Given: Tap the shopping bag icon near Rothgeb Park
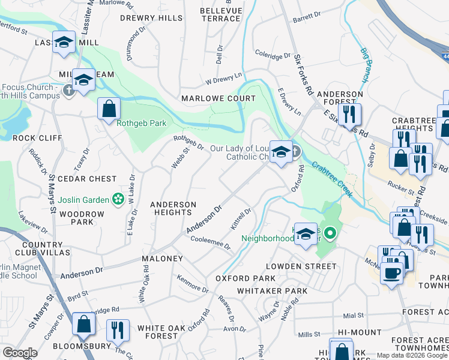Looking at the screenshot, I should (x=109, y=109).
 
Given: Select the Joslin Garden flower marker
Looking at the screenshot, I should (x=118, y=199).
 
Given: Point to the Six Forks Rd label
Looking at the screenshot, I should (x=304, y=74).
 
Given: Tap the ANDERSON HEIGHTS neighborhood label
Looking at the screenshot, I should (x=173, y=209).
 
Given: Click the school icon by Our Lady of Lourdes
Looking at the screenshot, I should (x=280, y=152).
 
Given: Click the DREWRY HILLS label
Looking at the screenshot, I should (x=151, y=18).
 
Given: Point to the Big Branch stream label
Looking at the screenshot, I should (x=364, y=65).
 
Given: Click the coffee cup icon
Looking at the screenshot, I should (x=392, y=273).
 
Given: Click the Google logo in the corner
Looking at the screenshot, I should (x=20, y=353).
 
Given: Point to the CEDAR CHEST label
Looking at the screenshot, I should (x=91, y=179).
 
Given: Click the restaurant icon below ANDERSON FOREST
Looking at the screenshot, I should (x=348, y=113).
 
